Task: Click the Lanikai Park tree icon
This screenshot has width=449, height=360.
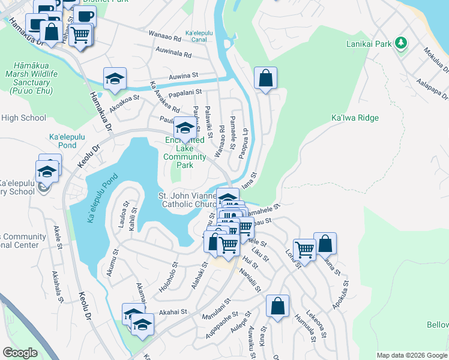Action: (x=402, y=43)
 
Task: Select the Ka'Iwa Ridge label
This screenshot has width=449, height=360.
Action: (x=355, y=118)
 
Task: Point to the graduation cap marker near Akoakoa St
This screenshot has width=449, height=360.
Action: (x=115, y=79)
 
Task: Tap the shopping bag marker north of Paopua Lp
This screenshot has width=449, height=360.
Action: (x=265, y=78)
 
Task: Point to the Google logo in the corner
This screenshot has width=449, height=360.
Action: (x=20, y=353)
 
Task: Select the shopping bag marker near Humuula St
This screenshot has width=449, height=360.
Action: (x=277, y=306)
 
